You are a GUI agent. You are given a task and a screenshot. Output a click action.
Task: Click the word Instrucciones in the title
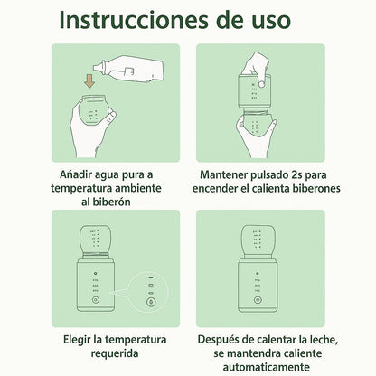click(134, 20)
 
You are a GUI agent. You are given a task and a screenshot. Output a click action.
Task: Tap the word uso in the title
click(271, 22)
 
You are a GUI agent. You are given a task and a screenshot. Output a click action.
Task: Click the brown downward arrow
click(89, 81)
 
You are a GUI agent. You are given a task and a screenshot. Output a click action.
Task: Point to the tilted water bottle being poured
click(128, 69)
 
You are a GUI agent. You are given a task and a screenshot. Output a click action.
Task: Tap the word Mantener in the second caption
click(223, 174)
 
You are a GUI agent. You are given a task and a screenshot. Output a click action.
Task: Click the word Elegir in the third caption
click(77, 340)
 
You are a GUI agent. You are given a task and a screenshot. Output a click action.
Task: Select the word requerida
click(115, 353)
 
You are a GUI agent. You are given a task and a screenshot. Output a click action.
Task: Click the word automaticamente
click(267, 367)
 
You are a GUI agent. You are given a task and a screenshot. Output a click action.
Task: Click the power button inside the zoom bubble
click(151, 302)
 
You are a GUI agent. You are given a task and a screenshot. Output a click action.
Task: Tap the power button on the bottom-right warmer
click(257, 300)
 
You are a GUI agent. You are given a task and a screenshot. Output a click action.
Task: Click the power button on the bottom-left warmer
click(95, 300)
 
